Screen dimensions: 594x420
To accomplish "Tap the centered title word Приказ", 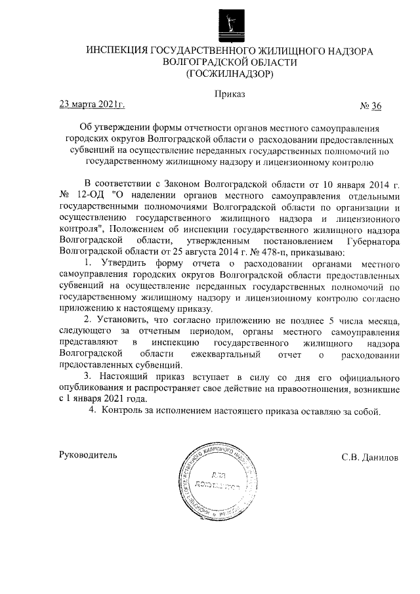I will coord(230,95).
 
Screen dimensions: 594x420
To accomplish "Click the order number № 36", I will coord(371,106).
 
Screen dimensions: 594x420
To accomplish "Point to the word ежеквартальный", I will coord(223,354).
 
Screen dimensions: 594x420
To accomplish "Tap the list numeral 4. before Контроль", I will coord(93,412).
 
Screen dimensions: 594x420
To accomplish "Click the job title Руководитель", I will coord(88,455).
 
